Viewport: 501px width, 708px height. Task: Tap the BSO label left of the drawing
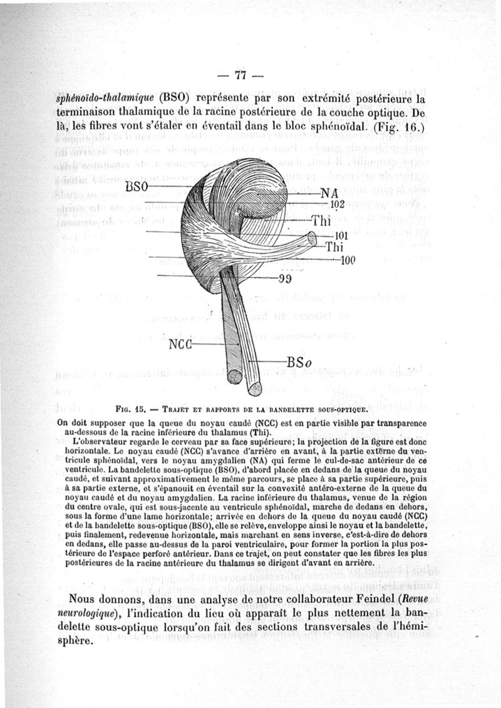137,187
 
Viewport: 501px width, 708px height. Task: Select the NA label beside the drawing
329,194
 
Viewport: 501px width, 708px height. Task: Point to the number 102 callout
338,204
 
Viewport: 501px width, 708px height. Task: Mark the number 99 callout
286,279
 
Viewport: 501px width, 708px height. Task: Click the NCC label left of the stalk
182,345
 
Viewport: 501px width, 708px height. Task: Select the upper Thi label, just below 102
321,221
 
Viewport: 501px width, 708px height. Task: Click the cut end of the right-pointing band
311,239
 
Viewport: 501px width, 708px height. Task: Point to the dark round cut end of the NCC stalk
234,377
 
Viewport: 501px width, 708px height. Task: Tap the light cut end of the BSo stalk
255,388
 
